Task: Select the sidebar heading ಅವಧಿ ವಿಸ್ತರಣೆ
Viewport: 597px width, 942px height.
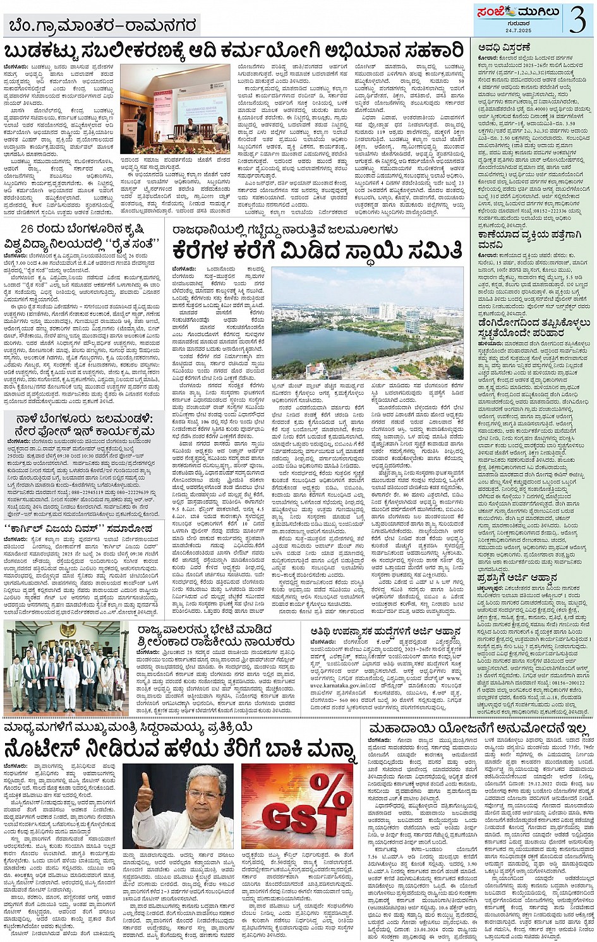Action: (x=504, y=47)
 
